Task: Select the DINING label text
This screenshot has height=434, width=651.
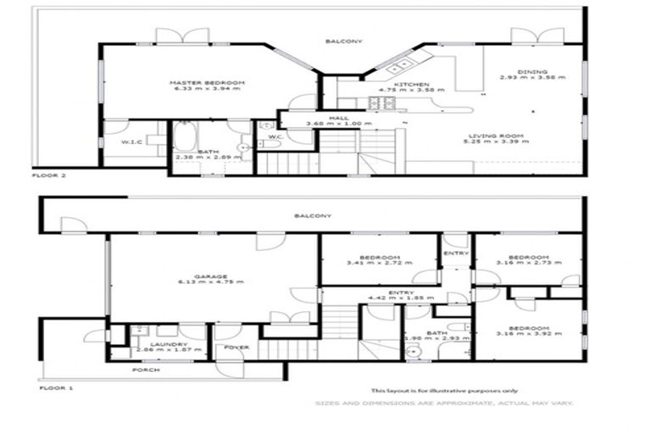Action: coord(535,71)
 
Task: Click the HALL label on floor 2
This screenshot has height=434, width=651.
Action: coord(323,119)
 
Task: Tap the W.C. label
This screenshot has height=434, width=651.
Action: coord(275,136)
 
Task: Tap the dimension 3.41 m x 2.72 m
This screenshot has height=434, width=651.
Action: coord(378,264)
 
